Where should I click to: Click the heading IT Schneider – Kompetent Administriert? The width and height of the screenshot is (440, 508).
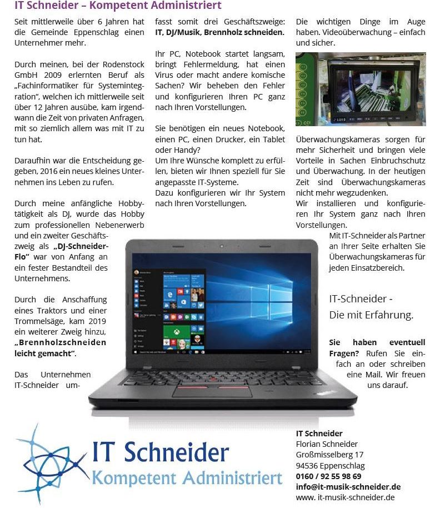[x=118, y=6]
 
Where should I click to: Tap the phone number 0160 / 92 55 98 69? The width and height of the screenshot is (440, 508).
[x=328, y=476]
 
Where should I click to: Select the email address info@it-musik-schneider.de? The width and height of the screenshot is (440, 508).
[x=348, y=487]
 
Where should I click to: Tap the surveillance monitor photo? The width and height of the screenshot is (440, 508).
[x=361, y=89]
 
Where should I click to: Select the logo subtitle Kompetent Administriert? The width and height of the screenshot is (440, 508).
[x=187, y=478]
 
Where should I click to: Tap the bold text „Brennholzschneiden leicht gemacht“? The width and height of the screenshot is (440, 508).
[x=60, y=348]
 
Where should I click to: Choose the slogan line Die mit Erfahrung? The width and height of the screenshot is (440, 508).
[x=371, y=315]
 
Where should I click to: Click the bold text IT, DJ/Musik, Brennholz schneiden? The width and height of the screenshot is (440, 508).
[x=220, y=32]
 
